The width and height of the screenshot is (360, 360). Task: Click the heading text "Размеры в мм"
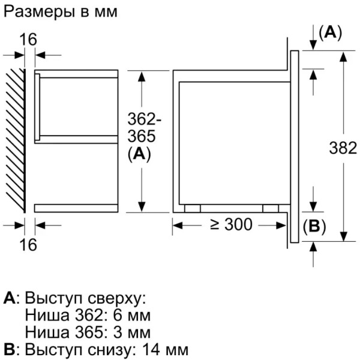point(61,12)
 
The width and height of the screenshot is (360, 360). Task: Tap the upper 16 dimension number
point(28,40)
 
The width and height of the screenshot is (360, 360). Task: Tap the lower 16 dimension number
point(28,244)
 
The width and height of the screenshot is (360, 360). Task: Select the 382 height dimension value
point(343,148)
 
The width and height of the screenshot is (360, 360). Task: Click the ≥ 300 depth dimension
point(231,224)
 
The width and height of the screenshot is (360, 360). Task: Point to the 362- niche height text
point(144,119)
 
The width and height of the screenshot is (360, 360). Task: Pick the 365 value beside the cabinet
point(142,136)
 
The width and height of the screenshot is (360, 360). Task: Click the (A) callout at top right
point(331,32)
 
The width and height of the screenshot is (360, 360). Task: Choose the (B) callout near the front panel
point(314,226)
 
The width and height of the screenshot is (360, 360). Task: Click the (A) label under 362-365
point(139,154)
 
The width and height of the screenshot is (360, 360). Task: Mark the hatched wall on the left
point(15,140)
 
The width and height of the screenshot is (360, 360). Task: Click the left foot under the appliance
point(193,208)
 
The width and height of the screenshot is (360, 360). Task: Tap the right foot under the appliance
point(271,208)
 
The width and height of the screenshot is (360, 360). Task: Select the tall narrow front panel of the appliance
point(295,146)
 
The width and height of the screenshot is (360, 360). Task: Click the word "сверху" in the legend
point(116,299)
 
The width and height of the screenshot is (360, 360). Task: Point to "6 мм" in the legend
point(132,316)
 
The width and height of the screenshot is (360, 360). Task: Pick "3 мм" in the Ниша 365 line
point(132,332)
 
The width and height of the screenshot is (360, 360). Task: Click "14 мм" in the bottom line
point(166,350)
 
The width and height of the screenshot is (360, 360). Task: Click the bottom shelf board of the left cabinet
point(76,208)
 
